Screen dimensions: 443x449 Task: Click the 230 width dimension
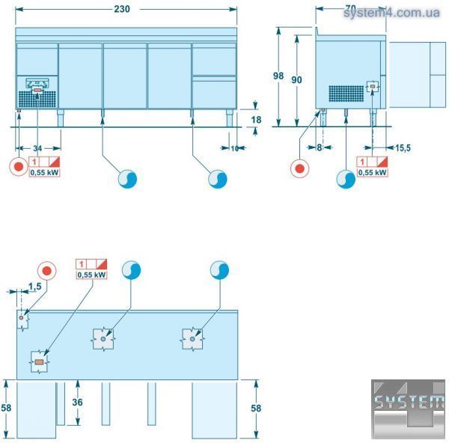pos(122,9)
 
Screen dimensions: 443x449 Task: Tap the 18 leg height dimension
pos(256,119)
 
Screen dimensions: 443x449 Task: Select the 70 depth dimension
pos(350,9)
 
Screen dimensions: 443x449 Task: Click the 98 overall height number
pos(279,76)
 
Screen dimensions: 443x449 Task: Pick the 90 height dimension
pos(298,80)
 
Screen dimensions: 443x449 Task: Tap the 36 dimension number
pos(77,402)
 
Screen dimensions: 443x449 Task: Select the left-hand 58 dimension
pos(6,408)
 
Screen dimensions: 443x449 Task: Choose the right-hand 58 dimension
pos(257,408)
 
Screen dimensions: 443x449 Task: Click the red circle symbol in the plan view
pos(47,270)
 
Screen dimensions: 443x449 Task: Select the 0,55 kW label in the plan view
pos(92,275)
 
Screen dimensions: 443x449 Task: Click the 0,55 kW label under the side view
pos(373,172)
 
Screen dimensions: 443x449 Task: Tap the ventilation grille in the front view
pos(37,97)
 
